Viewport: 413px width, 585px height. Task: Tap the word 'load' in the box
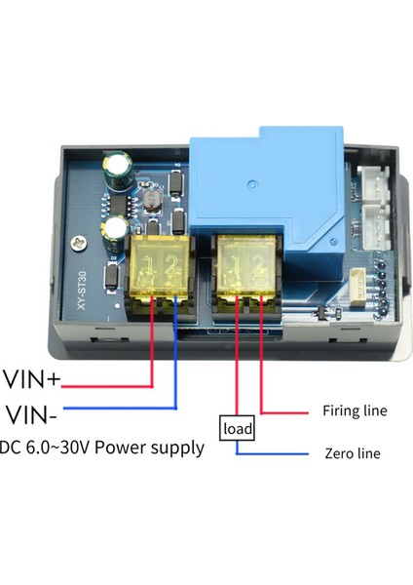click(x=238, y=428)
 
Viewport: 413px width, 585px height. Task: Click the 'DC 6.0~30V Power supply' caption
click(x=102, y=448)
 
